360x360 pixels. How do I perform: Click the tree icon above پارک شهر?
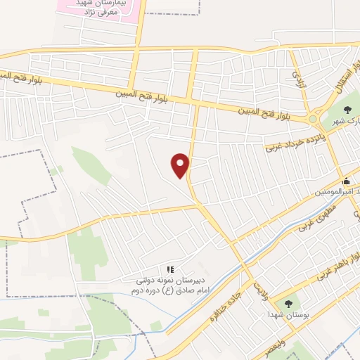[349, 107]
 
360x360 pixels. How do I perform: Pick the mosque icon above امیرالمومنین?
[346, 181]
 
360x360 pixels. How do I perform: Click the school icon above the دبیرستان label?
[169, 269]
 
